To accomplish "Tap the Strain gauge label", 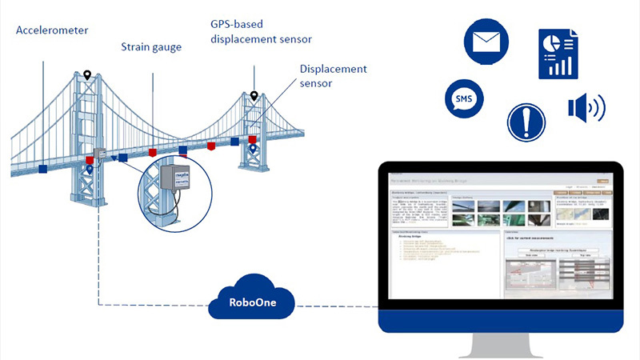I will coord(151,47).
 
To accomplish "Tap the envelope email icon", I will coord(490,42).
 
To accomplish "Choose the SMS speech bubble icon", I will coord(463,100).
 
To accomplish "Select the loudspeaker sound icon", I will coord(586,109).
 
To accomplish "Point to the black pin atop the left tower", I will coord(87,76).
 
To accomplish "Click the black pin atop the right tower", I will coord(254,97).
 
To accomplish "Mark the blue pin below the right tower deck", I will coord(253,149).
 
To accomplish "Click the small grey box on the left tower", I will coord(101,154).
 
